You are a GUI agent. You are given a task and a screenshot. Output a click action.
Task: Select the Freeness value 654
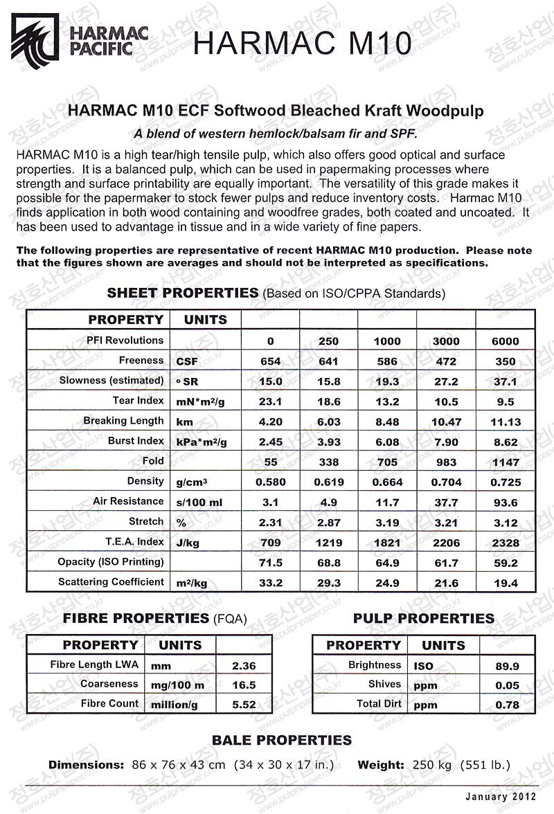point(270,361)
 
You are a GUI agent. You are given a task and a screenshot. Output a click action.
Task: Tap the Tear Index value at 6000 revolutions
point(506,401)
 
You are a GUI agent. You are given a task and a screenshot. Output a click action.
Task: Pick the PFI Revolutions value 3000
point(445,341)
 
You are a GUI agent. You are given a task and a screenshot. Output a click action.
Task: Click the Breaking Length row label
point(123,421)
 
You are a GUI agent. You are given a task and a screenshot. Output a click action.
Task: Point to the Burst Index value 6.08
point(386,442)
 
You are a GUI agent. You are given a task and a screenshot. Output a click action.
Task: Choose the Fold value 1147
point(506,462)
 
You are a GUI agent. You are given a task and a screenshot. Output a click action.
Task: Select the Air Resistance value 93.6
point(506,502)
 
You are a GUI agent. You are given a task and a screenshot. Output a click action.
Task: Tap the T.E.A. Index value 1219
point(328,543)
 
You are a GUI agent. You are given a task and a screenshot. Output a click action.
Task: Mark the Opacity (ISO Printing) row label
point(111,562)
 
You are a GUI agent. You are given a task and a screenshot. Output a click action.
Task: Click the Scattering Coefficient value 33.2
point(270,583)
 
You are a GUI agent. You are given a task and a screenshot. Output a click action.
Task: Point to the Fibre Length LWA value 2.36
point(244,666)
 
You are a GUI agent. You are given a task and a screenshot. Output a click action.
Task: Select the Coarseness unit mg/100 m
point(177,685)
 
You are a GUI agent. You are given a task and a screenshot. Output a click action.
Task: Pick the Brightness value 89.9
point(508,666)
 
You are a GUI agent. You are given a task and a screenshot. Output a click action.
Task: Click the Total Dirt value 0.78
point(508,705)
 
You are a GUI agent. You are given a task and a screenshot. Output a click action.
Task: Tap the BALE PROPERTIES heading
point(281,741)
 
